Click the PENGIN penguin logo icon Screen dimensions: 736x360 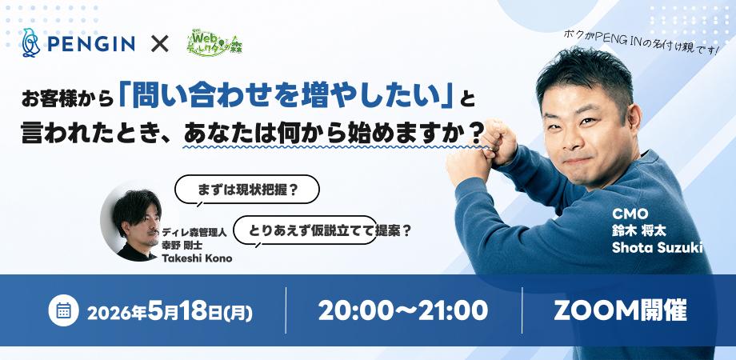coord(31,43)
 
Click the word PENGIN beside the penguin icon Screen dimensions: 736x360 coord(91,44)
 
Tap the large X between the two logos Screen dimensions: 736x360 coord(159,44)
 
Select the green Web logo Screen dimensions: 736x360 coord(214,43)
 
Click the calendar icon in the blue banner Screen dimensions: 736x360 coord(63,310)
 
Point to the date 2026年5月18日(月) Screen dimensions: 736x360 coord(170,310)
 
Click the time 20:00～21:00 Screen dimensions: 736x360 coord(403,310)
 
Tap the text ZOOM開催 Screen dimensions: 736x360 coord(620,310)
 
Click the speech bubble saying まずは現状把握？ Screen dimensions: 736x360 coord(247,190)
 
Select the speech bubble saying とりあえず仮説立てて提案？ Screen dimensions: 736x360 coord(305,230)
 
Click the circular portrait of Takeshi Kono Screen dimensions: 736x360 coord(131,222)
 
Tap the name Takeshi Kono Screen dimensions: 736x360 coord(197,258)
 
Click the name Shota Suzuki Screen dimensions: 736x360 coord(657,247)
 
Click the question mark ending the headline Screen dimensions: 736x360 coord(476,132)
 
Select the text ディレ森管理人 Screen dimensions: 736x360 coord(194,231)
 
